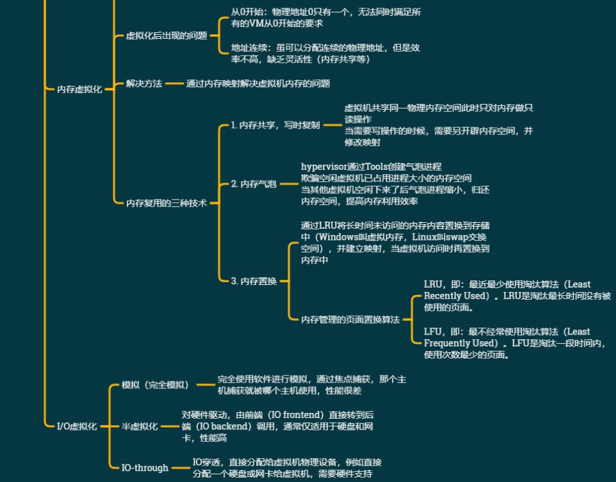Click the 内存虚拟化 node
tap(80, 89)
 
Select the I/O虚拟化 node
tap(76, 426)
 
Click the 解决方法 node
tap(144, 83)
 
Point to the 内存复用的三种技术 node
tap(166, 202)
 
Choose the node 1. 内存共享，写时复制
tap(275, 125)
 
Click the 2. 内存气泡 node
tap(253, 184)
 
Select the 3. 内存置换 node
tap(253, 281)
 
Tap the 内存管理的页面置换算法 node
tap(350, 319)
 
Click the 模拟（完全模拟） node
tap(155, 385)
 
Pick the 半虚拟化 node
tap(139, 426)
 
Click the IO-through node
tap(145, 468)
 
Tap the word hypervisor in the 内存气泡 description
tap(327, 167)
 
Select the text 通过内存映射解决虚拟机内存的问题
tap(258, 83)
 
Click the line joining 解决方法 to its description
tap(174, 83)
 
